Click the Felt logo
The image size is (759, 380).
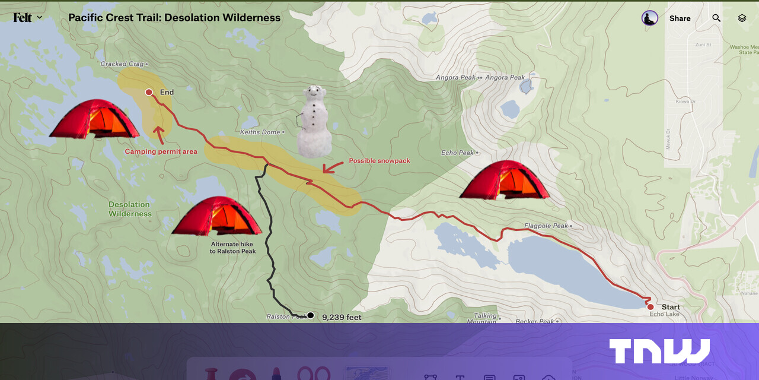click(23, 18)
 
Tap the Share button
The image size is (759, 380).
click(680, 18)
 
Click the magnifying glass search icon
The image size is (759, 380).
click(716, 18)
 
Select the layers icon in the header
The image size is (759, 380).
click(742, 18)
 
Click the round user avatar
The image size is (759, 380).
click(650, 18)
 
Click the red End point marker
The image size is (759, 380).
click(149, 92)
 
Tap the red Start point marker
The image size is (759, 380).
click(650, 307)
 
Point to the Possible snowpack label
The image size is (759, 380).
click(379, 161)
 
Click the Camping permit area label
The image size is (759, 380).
click(161, 152)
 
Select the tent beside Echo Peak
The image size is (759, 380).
click(504, 179)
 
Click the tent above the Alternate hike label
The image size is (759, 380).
click(216, 216)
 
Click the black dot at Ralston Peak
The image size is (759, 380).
click(310, 315)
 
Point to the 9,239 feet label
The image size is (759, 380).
click(342, 318)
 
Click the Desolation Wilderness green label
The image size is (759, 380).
click(130, 209)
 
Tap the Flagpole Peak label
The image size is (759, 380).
click(546, 226)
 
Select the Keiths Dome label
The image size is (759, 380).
click(260, 132)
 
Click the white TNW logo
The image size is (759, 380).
click(659, 351)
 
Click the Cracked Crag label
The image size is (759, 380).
click(122, 64)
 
